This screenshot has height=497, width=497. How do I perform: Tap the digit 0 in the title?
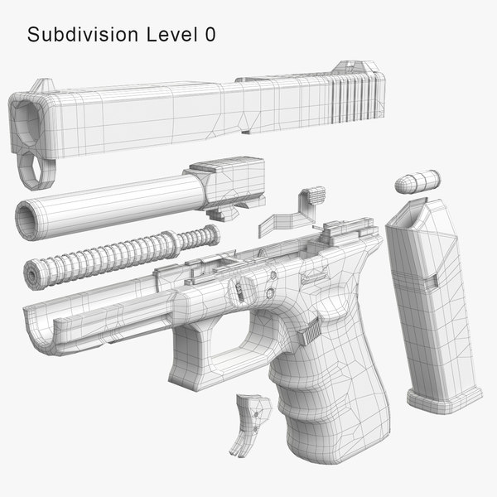(x=210, y=36)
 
